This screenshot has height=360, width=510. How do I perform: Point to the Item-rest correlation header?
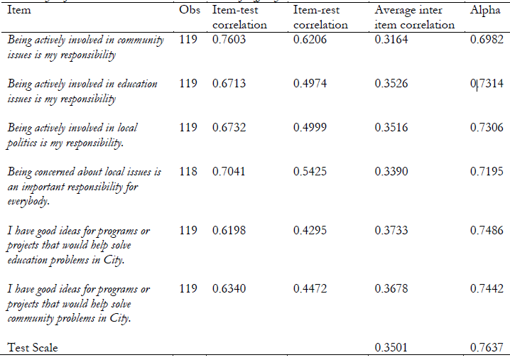320,18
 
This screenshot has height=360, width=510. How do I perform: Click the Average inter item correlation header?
414,18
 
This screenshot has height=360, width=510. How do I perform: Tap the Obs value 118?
188,172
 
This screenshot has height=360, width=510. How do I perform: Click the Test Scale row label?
33,348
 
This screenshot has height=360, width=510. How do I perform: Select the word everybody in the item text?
30,201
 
